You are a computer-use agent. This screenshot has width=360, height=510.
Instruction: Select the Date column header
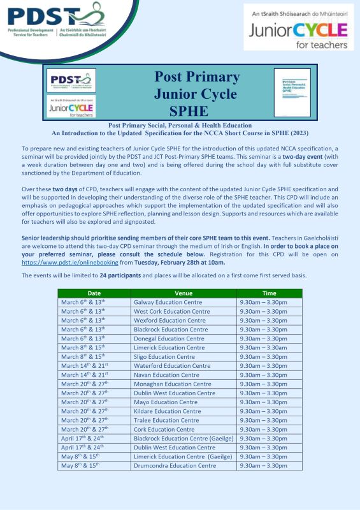(94, 293)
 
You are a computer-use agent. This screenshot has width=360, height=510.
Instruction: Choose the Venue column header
(184, 293)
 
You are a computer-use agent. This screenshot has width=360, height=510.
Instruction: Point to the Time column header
(269, 293)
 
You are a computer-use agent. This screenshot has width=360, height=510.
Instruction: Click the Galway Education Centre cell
(168, 302)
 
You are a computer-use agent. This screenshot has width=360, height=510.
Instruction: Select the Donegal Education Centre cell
(169, 339)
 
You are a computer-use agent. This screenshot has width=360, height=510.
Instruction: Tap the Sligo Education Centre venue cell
(164, 357)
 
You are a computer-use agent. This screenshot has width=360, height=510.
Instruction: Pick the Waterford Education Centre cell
(171, 366)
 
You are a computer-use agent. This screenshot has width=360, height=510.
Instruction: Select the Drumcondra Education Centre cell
(175, 466)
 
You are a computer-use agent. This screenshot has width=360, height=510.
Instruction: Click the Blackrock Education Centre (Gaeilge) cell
(184, 439)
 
